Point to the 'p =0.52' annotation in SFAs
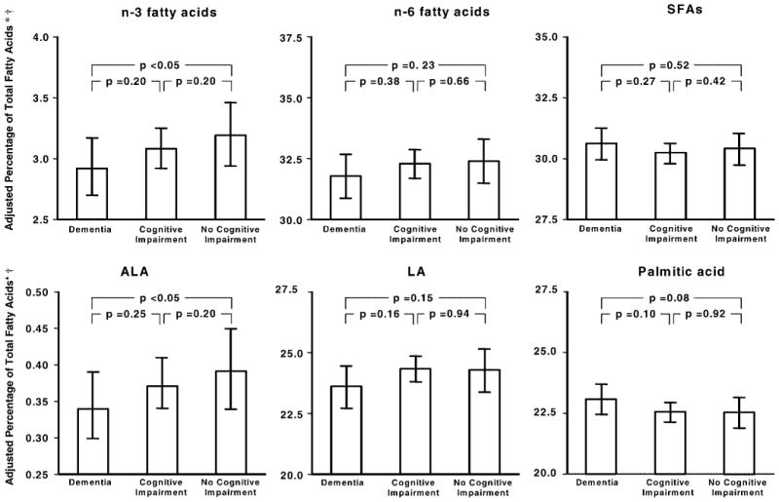click(x=671, y=64)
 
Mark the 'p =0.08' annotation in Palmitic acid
click(x=671, y=297)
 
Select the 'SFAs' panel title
click(x=670, y=13)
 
